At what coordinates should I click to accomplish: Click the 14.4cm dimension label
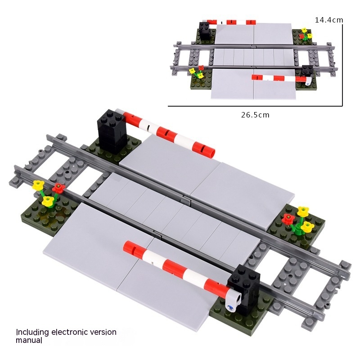(329, 20)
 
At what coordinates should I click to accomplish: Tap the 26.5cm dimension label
(255, 115)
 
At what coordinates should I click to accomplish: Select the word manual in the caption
(29, 340)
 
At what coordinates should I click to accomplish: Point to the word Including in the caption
(32, 333)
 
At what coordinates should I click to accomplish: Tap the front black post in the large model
(244, 288)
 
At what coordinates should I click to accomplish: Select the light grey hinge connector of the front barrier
(233, 299)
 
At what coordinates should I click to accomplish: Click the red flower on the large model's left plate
(58, 188)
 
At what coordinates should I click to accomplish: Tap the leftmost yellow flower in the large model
(38, 184)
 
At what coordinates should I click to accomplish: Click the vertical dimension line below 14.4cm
(342, 65)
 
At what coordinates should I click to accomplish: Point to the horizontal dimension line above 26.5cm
(255, 106)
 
